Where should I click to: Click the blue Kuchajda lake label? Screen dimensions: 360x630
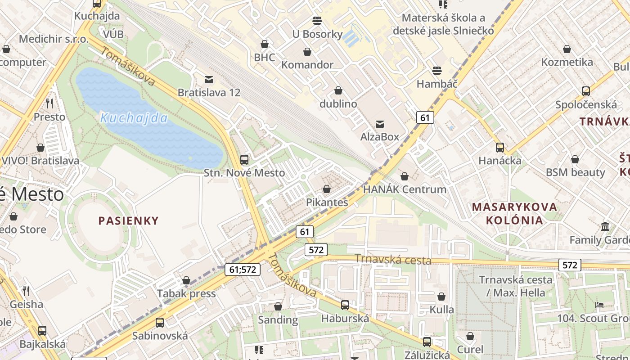134,118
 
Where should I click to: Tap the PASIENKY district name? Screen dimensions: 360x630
129,220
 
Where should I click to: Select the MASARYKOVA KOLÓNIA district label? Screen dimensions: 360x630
514,214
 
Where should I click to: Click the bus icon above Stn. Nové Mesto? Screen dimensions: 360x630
244,159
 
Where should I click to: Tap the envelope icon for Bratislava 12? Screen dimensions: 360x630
209,80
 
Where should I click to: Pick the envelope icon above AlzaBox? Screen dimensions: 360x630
380,124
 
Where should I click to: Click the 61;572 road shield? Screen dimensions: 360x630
242,270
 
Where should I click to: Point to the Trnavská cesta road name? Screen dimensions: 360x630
393,260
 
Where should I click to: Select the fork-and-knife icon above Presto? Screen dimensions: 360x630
49,103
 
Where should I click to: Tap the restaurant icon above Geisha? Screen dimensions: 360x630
26,291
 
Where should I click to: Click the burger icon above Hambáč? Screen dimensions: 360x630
436,71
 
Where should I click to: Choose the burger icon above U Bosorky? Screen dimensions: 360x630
317,21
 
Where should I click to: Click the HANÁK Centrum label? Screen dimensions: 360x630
405,189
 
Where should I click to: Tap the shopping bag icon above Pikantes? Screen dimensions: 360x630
327,189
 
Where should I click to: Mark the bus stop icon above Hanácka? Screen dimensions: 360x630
499,148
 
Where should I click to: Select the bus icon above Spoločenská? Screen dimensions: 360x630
586,91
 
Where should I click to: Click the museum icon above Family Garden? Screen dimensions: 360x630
605,226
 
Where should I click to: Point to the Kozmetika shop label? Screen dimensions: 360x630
567,62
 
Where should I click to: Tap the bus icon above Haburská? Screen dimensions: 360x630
345,305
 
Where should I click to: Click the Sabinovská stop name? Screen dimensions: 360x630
160,336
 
